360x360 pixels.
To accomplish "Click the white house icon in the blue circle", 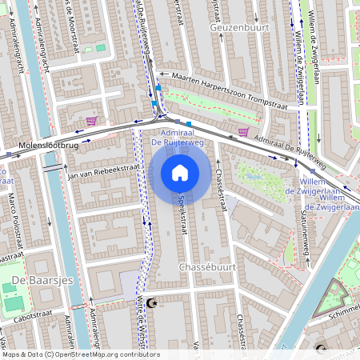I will (180, 173).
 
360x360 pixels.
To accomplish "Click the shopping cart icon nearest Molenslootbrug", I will (91, 121).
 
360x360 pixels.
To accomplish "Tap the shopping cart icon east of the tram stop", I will (242, 132).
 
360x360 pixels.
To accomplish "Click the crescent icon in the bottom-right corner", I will (321, 349).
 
